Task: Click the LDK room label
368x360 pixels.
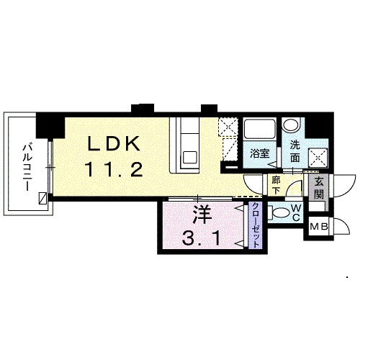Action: tap(114, 143)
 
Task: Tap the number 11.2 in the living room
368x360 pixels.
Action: tap(114, 169)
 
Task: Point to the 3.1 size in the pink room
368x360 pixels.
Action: tap(201, 238)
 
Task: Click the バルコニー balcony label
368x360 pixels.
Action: tap(27, 167)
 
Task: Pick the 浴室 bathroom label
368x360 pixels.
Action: tap(259, 153)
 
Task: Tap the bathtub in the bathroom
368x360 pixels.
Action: tap(259, 130)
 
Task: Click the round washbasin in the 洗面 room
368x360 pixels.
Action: tap(291, 125)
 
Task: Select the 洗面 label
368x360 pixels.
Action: tap(295, 151)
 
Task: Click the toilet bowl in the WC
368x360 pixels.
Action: tap(280, 212)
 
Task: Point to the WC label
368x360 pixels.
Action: tap(296, 212)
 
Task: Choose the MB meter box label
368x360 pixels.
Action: tap(319, 226)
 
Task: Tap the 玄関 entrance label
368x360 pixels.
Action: tap(319, 188)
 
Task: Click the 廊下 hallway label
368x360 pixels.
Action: tap(276, 186)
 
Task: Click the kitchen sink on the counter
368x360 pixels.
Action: tap(190, 158)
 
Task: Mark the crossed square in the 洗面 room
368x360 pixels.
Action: tap(318, 157)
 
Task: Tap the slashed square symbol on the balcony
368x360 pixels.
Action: tap(43, 198)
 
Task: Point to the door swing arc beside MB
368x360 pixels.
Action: tap(344, 225)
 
